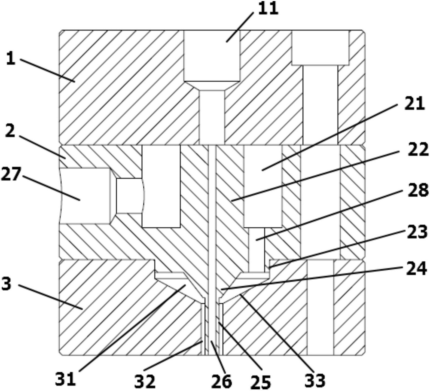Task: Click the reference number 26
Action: tap(221, 381)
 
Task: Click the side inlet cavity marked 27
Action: tap(85, 196)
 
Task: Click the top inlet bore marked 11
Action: tap(212, 87)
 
